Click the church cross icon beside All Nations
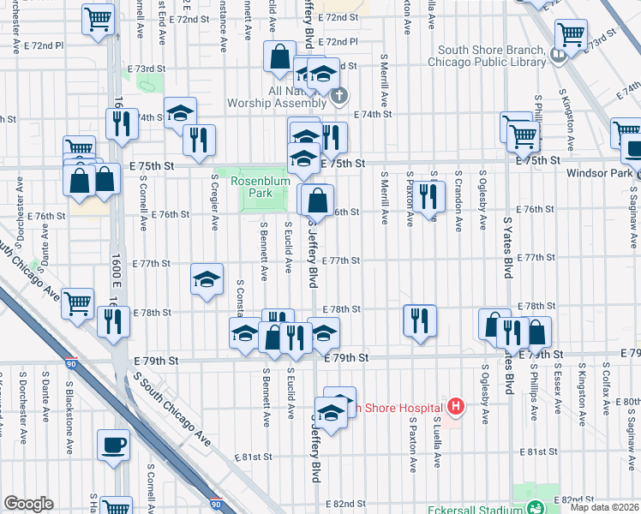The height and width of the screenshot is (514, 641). (x=340, y=94)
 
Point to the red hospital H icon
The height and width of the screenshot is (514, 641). (x=456, y=407)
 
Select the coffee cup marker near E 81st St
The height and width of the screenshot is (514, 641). (x=113, y=445)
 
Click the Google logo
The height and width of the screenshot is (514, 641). (x=28, y=504)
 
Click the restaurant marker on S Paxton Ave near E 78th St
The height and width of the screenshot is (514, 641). (x=419, y=321)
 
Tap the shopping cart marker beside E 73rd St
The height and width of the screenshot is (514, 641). (x=570, y=36)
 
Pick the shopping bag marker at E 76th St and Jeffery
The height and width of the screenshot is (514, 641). (x=317, y=200)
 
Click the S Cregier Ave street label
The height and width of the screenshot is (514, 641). (x=215, y=203)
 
